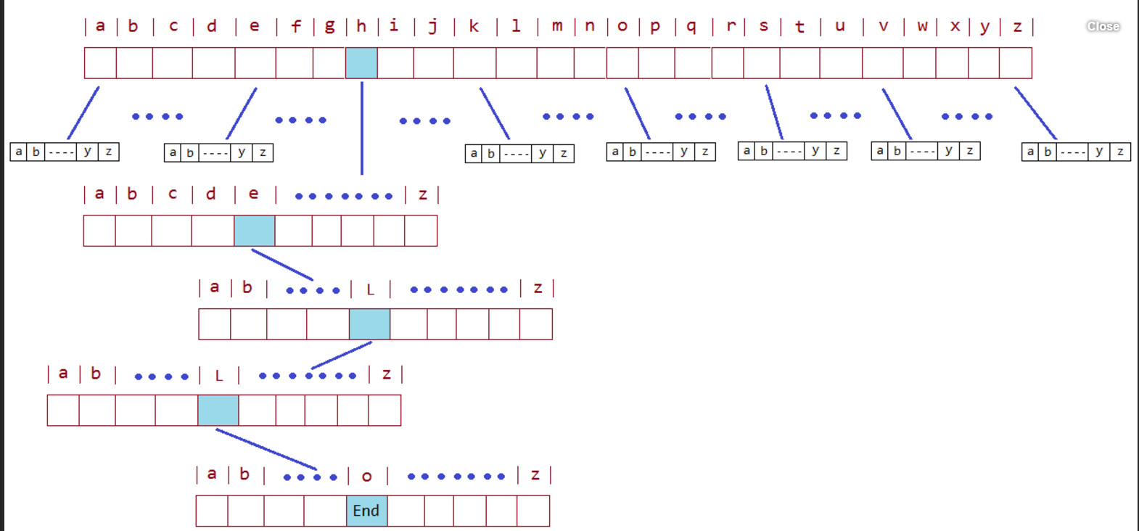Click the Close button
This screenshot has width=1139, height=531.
pyautogui.click(x=1103, y=26)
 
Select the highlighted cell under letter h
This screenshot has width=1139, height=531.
pyautogui.click(x=361, y=63)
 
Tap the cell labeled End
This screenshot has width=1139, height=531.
pyautogui.click(x=366, y=511)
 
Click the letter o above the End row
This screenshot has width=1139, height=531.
pyautogui.click(x=366, y=476)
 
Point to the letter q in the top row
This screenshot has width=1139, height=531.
pyautogui.click(x=691, y=26)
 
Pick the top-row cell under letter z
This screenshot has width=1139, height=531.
pyautogui.click(x=1015, y=63)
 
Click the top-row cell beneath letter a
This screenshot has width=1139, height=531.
pyautogui.click(x=100, y=63)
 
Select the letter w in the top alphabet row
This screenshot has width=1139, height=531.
pyautogui.click(x=922, y=26)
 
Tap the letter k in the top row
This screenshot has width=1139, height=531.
pyautogui.click(x=474, y=26)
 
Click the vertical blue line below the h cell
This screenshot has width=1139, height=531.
pyautogui.click(x=362, y=127)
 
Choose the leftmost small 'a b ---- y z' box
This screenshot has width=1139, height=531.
pyautogui.click(x=65, y=152)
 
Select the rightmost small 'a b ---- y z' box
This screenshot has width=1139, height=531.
pyautogui.click(x=1076, y=152)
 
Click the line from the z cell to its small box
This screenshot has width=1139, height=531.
pyautogui.click(x=1035, y=112)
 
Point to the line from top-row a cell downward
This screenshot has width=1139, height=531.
pyautogui.click(x=83, y=112)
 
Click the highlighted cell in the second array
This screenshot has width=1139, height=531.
pyautogui.click(x=254, y=231)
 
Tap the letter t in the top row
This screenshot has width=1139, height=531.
pyautogui.click(x=799, y=27)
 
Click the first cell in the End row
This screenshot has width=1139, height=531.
pyautogui.click(x=212, y=511)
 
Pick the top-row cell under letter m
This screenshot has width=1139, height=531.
pyautogui.click(x=555, y=63)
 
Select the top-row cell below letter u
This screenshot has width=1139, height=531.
pyautogui.click(x=841, y=63)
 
